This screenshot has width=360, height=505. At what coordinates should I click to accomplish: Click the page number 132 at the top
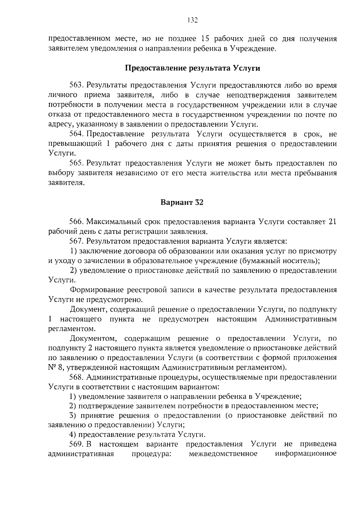pos(192,20)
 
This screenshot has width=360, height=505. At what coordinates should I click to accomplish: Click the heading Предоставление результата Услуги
pos(192,68)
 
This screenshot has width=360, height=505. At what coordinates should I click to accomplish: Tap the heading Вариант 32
pos(182,202)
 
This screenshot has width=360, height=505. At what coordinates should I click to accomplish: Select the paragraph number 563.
pos(76,85)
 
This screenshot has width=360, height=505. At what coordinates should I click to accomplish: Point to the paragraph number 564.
pos(76,134)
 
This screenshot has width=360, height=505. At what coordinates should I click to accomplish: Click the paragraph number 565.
pos(76,163)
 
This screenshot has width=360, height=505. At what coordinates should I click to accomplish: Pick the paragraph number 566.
pos(76,222)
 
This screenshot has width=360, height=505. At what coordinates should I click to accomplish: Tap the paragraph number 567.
pos(76,241)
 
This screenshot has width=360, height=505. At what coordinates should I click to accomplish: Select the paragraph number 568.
pos(76,377)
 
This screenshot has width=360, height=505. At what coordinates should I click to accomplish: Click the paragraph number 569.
pos(76,444)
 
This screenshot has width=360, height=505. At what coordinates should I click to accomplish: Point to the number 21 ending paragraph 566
pos(332,222)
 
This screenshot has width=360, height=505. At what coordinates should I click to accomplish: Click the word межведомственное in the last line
pos(223,454)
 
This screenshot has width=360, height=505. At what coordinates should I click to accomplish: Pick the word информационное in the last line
pos(306,454)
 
